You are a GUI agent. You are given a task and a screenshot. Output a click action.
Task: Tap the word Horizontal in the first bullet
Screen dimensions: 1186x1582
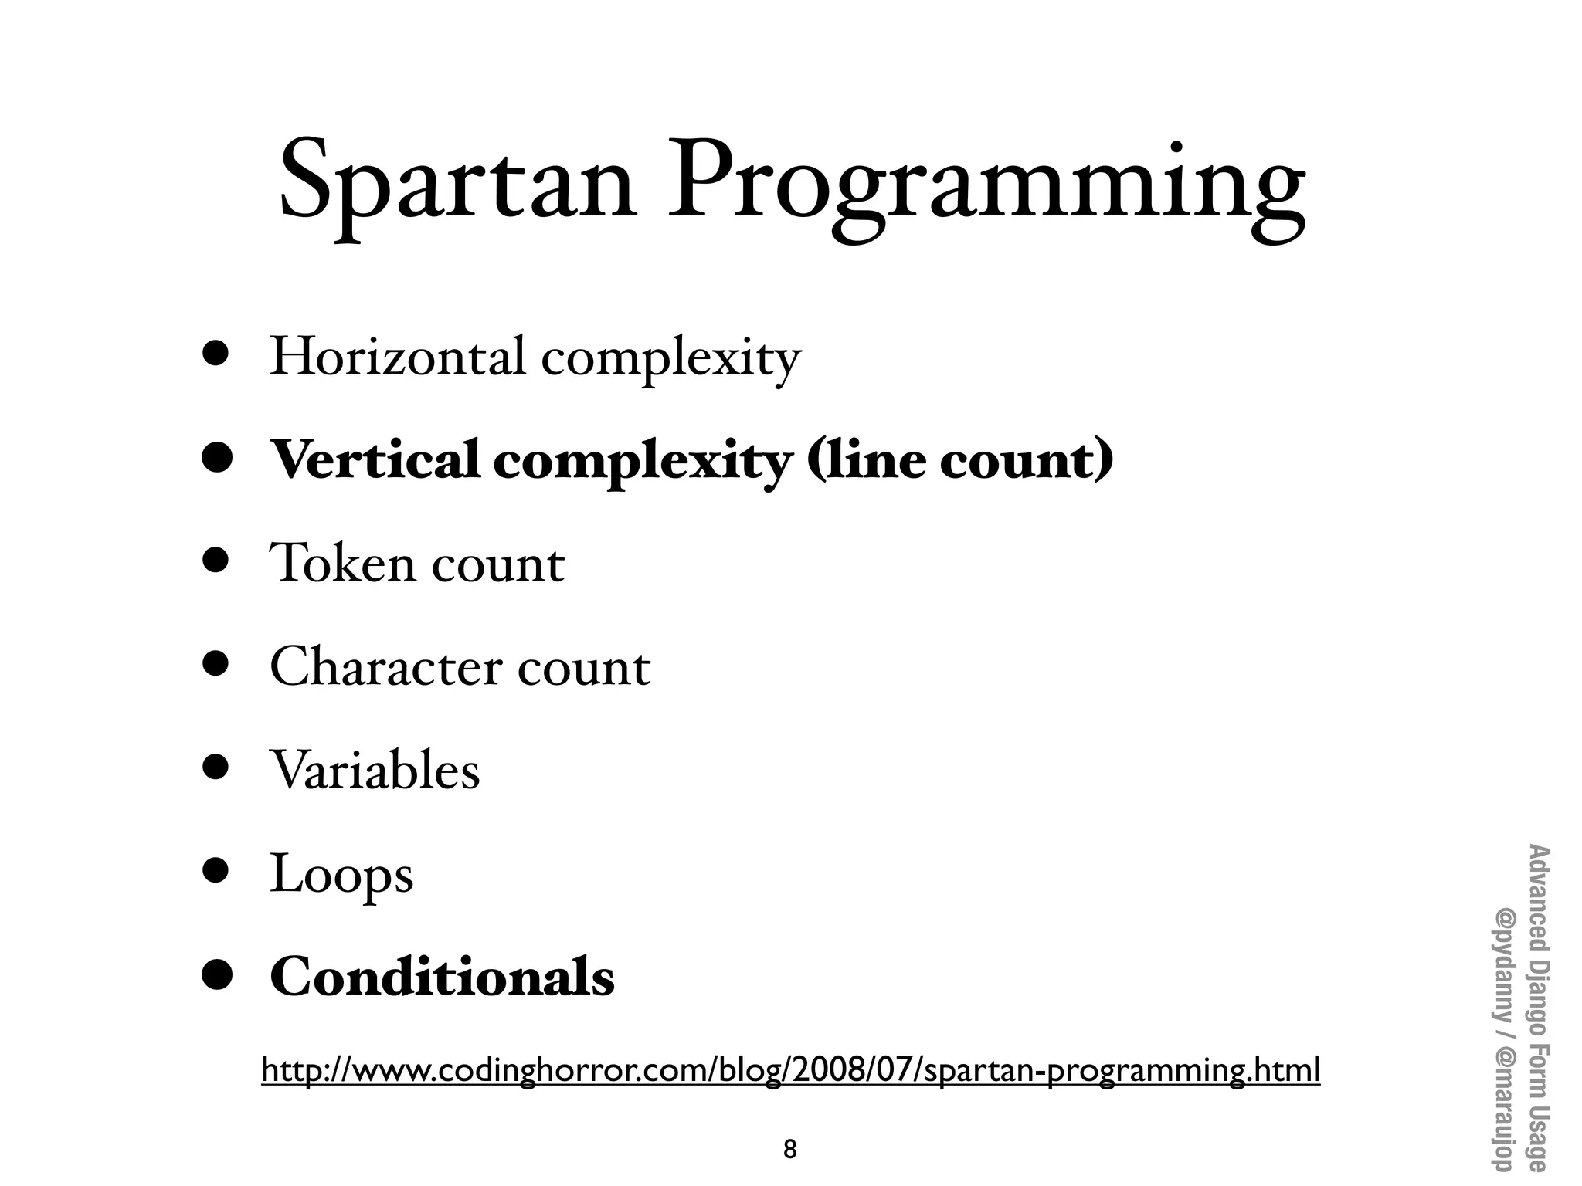[x=397, y=357]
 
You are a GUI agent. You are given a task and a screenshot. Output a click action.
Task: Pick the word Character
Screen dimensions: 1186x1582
[x=385, y=666]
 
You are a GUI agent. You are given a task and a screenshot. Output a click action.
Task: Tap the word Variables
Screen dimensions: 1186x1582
[x=375, y=770]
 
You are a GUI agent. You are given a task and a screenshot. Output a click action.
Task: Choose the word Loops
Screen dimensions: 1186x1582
[x=341, y=874]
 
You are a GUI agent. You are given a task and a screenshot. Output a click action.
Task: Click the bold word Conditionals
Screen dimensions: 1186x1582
[x=442, y=977]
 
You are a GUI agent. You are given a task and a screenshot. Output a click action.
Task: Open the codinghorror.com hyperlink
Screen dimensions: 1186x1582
[x=790, y=1070]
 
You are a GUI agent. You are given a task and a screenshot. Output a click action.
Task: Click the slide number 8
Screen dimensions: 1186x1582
[x=789, y=1150]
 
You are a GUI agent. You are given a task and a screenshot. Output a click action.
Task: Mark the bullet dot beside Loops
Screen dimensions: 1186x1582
[x=216, y=869]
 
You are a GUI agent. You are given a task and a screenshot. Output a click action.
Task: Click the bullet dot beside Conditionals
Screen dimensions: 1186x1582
[x=217, y=974]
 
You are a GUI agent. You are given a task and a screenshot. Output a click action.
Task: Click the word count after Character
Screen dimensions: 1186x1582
[x=584, y=668]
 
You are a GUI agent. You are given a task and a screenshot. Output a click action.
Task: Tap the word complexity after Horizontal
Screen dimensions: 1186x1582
[x=670, y=359]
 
